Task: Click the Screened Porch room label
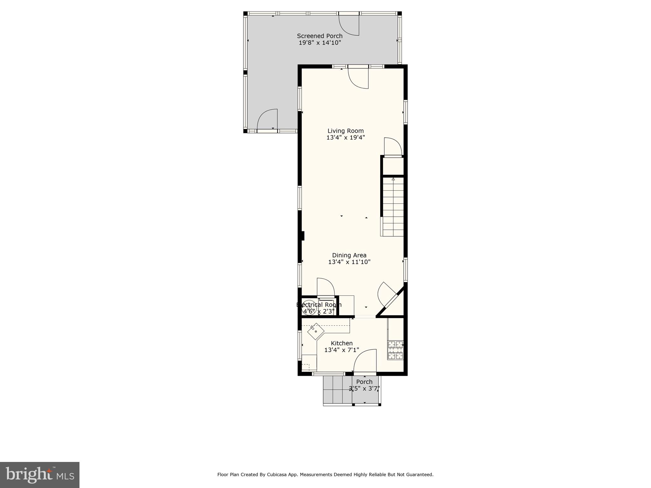pyautogui.click(x=319, y=36)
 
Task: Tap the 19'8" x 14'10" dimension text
pyautogui.click(x=319, y=43)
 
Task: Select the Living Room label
pyautogui.click(x=346, y=131)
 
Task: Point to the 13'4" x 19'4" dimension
pyautogui.click(x=346, y=138)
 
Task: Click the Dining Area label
pyautogui.click(x=349, y=255)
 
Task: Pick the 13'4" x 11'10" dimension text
pyautogui.click(x=349, y=262)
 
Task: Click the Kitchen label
pyautogui.click(x=342, y=343)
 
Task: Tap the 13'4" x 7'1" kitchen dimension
pyautogui.click(x=342, y=350)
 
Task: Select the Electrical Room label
pyautogui.click(x=319, y=305)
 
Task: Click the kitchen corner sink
pyautogui.click(x=316, y=331)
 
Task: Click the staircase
pyautogui.click(x=393, y=207)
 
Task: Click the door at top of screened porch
pyautogui.click(x=349, y=25)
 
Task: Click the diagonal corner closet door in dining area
pyautogui.click(x=386, y=294)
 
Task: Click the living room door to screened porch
pyautogui.click(x=358, y=78)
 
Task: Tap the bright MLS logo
pyautogui.click(x=40, y=475)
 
